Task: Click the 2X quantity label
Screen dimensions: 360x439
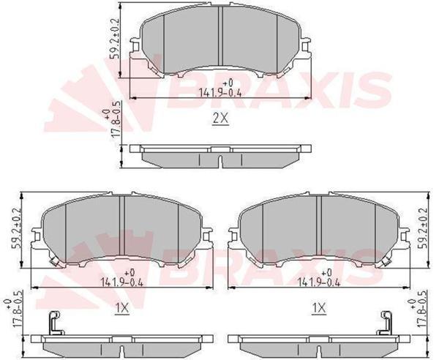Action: pos(219,119)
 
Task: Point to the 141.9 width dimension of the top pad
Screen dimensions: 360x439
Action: pos(219,91)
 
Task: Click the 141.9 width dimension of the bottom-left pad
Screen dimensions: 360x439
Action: pos(121,280)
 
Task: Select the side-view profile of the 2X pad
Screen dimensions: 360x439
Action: pos(219,155)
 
